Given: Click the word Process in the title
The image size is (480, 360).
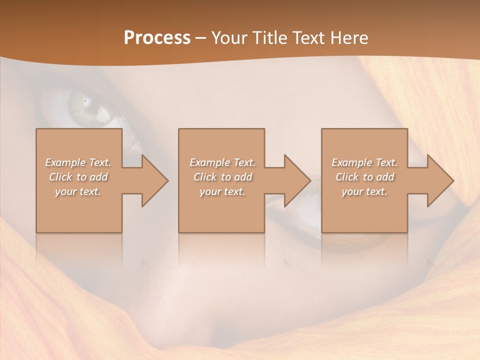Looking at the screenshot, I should click(x=157, y=38).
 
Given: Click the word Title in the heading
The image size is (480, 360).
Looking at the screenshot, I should click(x=268, y=38).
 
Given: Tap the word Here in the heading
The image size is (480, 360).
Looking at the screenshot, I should click(x=348, y=38).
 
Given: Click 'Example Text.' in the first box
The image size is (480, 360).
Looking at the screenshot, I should click(x=78, y=162).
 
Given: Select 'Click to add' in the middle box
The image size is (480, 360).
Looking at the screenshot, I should click(x=222, y=177).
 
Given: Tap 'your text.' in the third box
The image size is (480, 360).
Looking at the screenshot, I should click(x=364, y=191).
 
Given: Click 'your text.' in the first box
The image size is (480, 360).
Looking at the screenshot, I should click(x=78, y=191).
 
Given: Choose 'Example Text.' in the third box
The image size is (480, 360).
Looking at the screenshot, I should click(x=364, y=162).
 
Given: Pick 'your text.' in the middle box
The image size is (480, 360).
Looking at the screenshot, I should click(x=222, y=191).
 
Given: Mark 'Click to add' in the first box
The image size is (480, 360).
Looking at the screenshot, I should click(x=78, y=177).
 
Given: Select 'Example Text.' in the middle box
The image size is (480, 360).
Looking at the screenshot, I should click(x=222, y=162).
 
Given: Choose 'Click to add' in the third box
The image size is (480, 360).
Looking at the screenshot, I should click(x=364, y=177).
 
